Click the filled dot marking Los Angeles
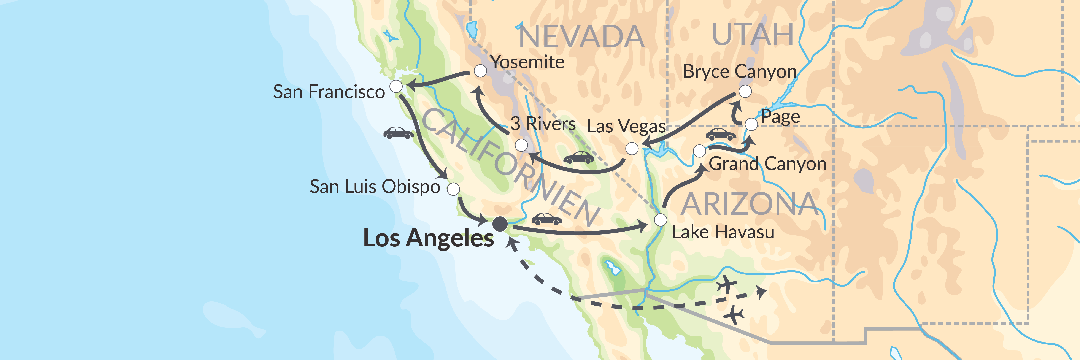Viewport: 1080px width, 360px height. (x=500, y=224)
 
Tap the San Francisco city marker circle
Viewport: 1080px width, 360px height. (x=396, y=87)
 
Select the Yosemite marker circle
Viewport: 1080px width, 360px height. (x=480, y=71)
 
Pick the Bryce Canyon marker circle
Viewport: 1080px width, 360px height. (x=745, y=91)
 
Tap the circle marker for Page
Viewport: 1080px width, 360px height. (x=751, y=124)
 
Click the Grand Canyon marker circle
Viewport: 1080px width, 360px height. (x=699, y=151)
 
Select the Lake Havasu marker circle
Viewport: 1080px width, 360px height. (x=660, y=220)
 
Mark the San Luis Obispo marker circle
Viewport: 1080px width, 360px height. (x=453, y=189)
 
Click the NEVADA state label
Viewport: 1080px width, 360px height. (x=581, y=37)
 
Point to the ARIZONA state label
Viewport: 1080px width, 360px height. (x=749, y=205)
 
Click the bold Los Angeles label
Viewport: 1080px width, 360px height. (x=429, y=238)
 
